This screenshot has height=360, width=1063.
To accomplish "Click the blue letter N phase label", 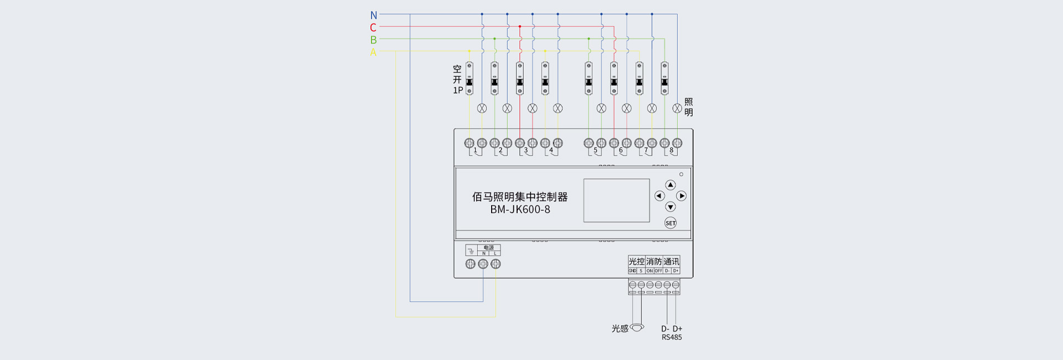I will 374,16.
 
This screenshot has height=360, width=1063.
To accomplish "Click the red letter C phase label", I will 373,28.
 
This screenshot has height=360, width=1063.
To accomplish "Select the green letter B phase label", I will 373,40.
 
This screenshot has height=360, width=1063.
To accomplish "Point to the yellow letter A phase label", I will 373,53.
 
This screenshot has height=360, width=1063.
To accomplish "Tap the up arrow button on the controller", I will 670,185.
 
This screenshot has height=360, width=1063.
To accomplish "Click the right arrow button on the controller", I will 682,196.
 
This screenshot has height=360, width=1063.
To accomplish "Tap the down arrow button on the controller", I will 670,207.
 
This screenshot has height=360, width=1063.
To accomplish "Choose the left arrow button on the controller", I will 659,196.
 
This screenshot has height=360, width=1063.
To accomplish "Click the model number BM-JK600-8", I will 520,210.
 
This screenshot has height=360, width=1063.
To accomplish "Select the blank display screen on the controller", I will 616,200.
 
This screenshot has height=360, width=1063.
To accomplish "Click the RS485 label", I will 672,337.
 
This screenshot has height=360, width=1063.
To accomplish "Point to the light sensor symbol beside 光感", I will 637,327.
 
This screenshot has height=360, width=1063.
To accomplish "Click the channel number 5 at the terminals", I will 596,150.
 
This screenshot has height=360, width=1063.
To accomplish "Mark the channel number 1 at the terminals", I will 475,150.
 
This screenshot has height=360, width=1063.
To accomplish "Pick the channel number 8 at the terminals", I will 672,150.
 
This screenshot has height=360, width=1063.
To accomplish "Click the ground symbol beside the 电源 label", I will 470,251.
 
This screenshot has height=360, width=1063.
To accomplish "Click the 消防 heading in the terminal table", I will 654,261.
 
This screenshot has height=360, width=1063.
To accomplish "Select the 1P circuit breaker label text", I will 458,90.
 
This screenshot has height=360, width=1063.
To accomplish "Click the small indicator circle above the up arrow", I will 682,174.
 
